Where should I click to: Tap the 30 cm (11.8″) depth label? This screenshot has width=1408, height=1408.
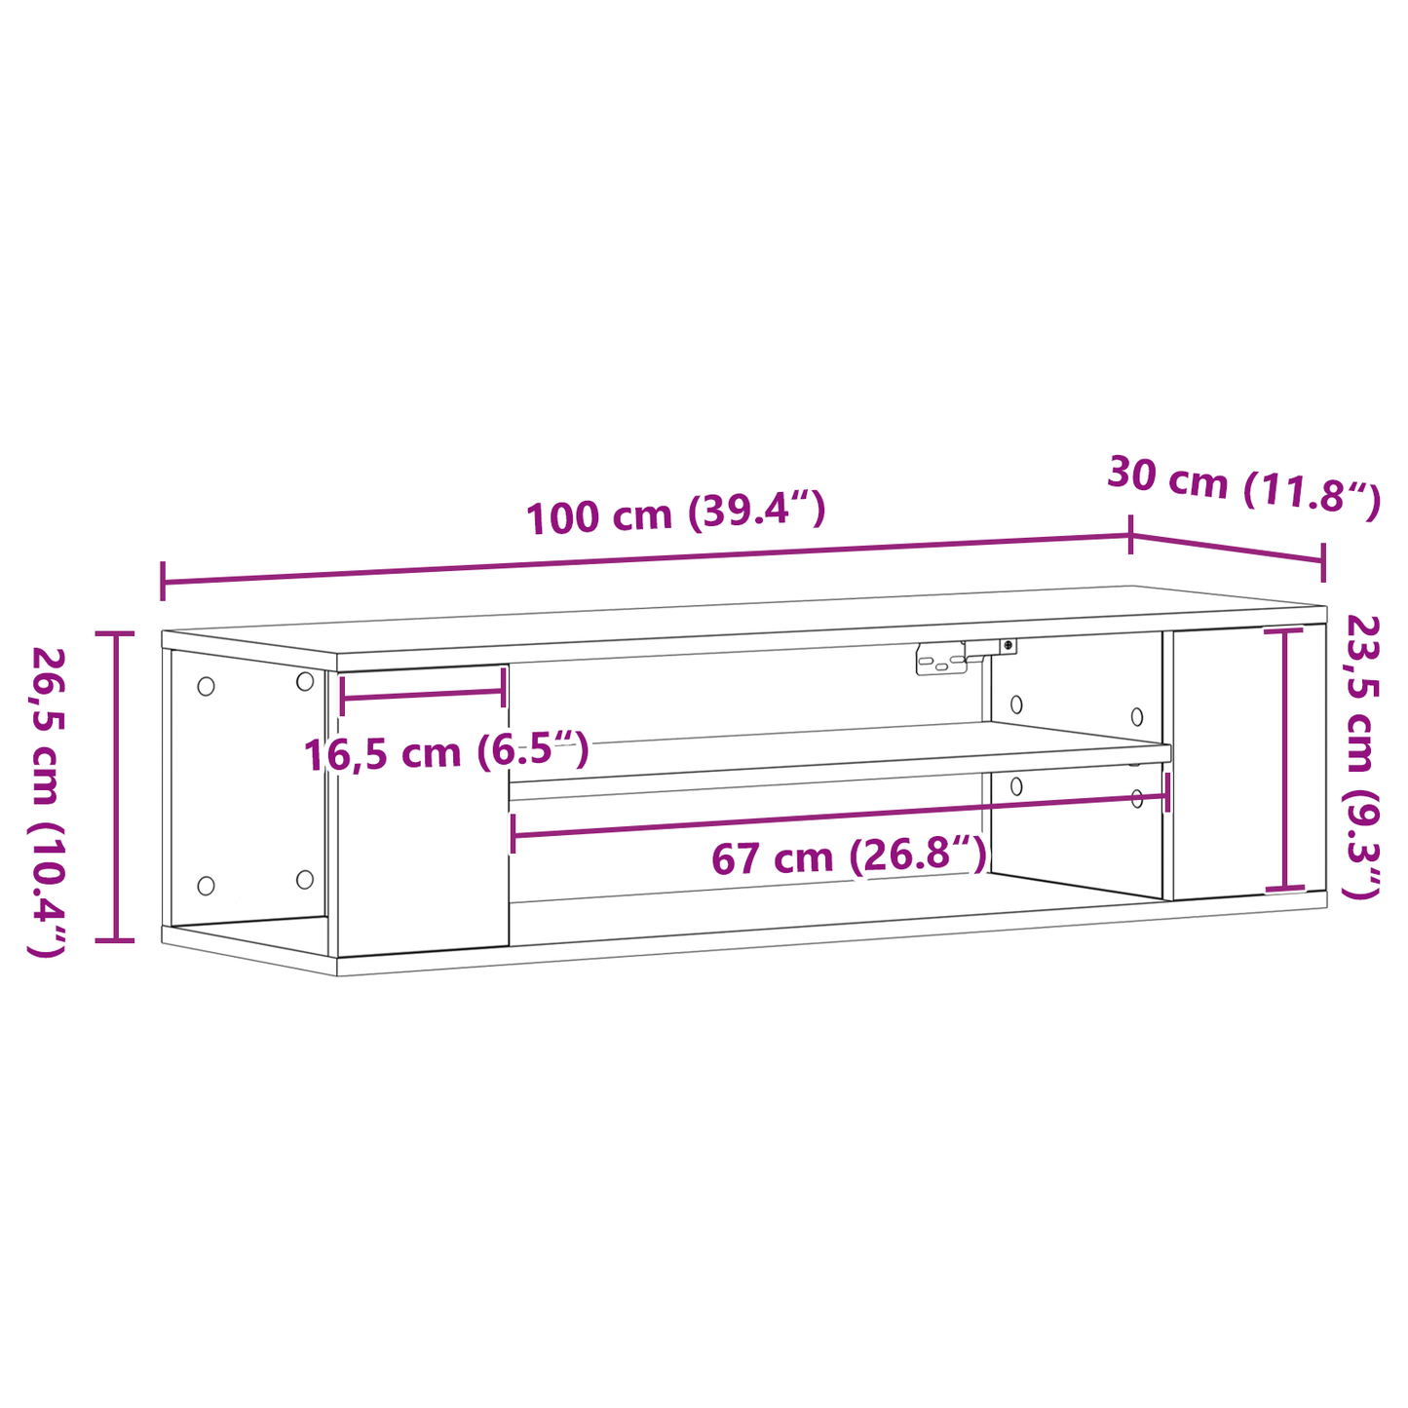1243,486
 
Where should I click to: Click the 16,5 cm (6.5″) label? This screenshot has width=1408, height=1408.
446,753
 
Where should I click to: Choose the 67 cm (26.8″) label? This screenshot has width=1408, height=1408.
849,857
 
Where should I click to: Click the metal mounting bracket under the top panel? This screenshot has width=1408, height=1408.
941,660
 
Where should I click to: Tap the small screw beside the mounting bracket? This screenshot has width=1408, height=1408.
1008,645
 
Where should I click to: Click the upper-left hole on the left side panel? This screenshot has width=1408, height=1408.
206,686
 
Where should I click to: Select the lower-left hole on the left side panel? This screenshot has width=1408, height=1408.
206,885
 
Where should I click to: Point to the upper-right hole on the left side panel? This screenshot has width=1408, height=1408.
305,681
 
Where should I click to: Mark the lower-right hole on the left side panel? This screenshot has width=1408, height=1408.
305,879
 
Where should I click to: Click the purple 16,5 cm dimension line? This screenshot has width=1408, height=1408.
422,694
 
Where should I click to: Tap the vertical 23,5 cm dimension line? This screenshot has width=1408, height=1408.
1284,760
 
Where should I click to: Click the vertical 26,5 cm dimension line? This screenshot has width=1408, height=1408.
116,787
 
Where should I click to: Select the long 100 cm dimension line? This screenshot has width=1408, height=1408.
643,559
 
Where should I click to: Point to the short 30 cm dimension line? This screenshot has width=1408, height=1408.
1227,549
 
